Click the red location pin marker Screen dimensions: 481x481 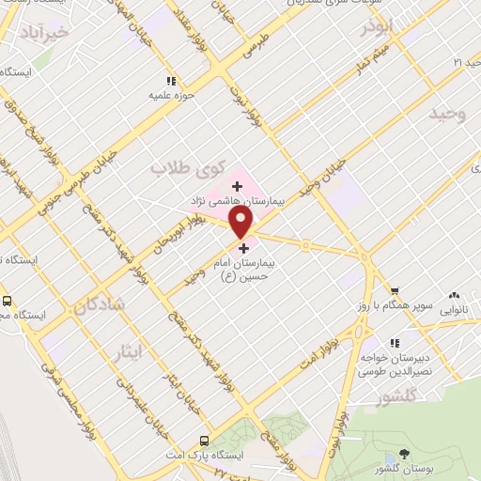(x=241, y=221)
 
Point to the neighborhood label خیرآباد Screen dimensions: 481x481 (x=43, y=33)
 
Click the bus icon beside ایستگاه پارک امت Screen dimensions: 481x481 (x=204, y=440)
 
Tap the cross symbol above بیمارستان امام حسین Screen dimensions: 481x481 (x=245, y=249)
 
